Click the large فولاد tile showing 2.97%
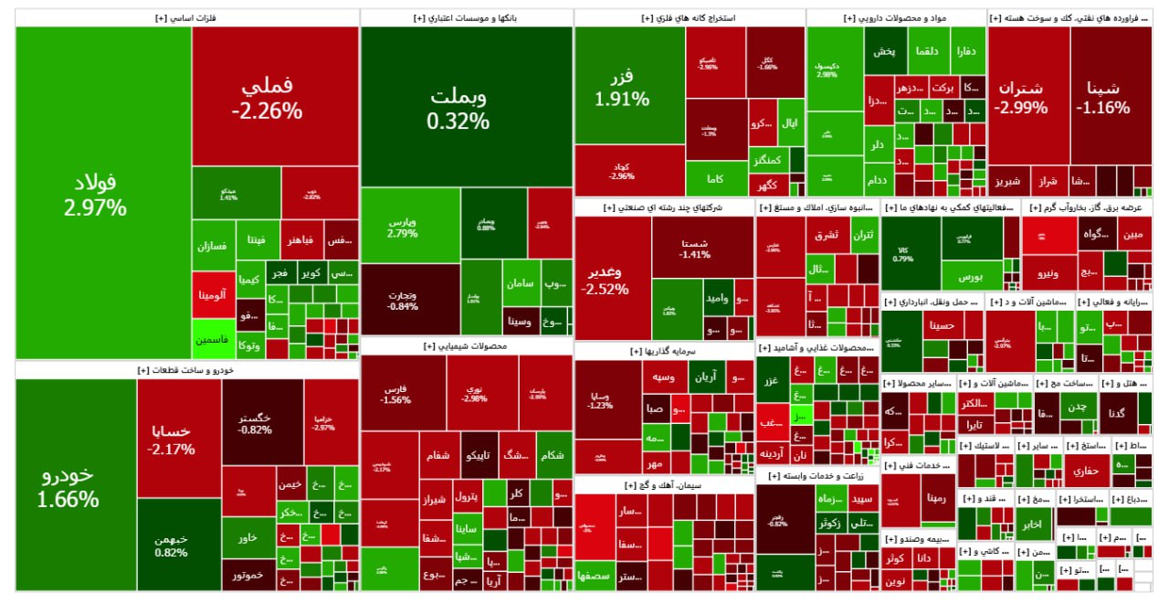click(103, 193)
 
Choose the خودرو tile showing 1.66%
click(76, 486)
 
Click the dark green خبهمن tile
click(179, 545)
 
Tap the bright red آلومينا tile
click(214, 295)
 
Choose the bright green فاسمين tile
click(214, 339)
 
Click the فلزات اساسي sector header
click(187, 17)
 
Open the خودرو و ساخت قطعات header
click(187, 370)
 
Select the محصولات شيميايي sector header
click(467, 347)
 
